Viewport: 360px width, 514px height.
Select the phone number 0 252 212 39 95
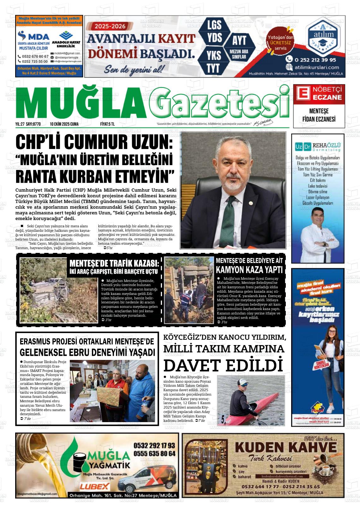(315, 59)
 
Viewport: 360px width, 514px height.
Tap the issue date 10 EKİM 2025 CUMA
(64, 124)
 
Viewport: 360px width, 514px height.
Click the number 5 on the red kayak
(223, 419)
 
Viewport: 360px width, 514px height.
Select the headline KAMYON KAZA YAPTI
(249, 270)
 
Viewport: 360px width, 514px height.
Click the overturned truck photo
(189, 290)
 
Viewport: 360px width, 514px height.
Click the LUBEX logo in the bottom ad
(95, 486)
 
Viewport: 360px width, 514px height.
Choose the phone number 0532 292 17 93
(154, 445)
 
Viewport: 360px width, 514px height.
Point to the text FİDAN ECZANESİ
(319, 119)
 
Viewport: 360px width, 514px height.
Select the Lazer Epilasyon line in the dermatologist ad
(317, 197)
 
